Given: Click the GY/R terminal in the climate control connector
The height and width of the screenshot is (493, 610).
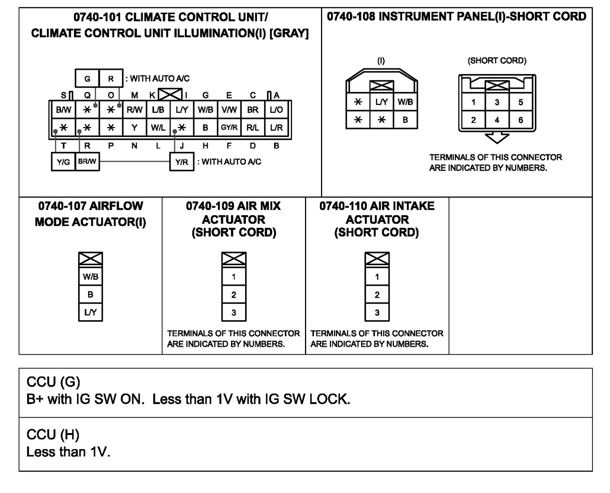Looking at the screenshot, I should pos(229,128).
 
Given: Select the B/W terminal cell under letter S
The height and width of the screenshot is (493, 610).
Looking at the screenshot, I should pos(63,110).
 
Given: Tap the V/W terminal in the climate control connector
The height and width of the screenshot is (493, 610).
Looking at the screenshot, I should pos(229,110).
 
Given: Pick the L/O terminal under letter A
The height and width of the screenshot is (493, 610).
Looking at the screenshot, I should pos(276,110).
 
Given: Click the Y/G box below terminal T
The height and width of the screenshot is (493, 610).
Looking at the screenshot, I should pos(63,162).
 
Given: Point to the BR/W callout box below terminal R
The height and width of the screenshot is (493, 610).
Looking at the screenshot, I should pos(87,162).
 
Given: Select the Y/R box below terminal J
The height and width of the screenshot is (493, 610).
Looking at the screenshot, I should pos(182,162).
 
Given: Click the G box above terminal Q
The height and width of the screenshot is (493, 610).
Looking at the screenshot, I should pos(87,79).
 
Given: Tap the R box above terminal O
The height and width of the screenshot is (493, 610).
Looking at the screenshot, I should pos(111,79).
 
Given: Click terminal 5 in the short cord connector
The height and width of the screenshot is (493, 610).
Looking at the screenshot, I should pos(521,102).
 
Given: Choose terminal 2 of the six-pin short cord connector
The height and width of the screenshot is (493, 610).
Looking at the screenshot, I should pos(473,120).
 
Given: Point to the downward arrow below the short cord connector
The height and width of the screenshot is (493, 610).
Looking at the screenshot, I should pos(497,138).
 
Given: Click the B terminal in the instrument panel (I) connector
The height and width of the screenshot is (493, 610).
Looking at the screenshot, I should pos(405,120).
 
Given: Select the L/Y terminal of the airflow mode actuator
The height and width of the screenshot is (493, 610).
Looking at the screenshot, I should pos(90,312).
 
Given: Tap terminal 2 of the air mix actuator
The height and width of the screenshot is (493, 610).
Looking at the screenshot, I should pos(234,295).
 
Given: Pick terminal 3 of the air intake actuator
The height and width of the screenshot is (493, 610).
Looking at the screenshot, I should pos(377,313).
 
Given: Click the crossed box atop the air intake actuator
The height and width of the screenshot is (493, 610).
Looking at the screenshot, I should pos(377,259).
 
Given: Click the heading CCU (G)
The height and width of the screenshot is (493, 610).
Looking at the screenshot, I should pos(53,382).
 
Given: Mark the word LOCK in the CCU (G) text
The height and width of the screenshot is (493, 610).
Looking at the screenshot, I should pos(329,399).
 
